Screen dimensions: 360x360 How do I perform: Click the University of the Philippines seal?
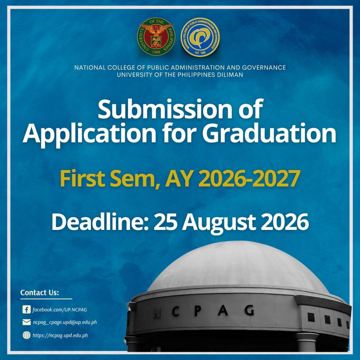156,37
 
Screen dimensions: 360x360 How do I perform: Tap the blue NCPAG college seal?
200,37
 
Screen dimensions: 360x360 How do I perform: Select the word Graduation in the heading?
269,133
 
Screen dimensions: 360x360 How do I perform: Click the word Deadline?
101,222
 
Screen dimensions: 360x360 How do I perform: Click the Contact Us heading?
40,292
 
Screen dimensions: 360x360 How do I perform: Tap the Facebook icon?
27,309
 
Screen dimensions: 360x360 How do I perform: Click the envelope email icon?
27,322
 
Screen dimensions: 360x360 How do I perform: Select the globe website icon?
27,335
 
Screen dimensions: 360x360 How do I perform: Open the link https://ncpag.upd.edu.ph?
60,335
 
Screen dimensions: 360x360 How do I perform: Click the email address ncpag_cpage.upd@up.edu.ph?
65,322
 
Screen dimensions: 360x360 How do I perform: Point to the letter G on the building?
249,311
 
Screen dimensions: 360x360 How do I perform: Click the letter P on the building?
198,311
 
